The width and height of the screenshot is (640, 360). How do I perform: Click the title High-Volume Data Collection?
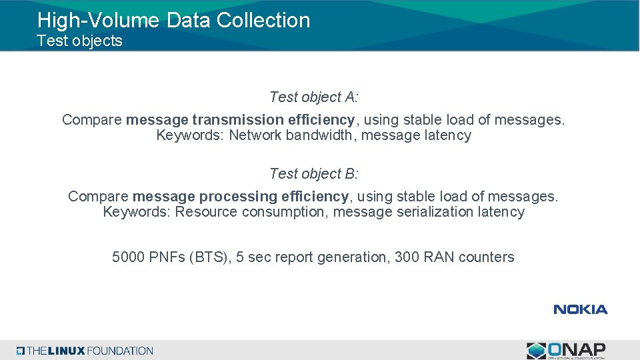click(x=173, y=20)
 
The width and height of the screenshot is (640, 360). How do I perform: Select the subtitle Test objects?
click(x=79, y=41)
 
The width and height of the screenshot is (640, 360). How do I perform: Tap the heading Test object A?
click(x=313, y=97)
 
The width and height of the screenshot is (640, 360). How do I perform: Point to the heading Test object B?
click(x=313, y=174)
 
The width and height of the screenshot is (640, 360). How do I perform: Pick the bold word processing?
click(x=238, y=197)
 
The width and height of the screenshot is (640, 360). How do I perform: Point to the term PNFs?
click(x=169, y=257)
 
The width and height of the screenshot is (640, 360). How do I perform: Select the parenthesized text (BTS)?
click(x=210, y=257)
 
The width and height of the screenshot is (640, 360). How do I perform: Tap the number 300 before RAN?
click(x=407, y=257)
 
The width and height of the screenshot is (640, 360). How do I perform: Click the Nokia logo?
click(x=580, y=309)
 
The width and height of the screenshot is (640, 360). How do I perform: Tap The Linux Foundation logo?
click(x=85, y=351)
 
